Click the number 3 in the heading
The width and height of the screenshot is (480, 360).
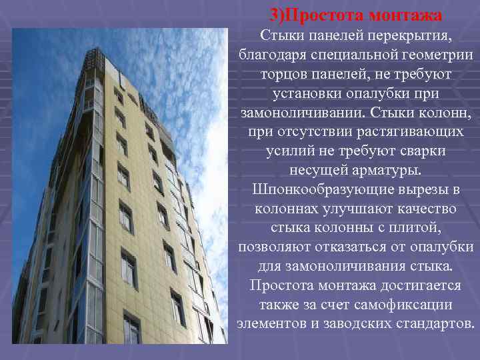(x=275, y=15)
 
